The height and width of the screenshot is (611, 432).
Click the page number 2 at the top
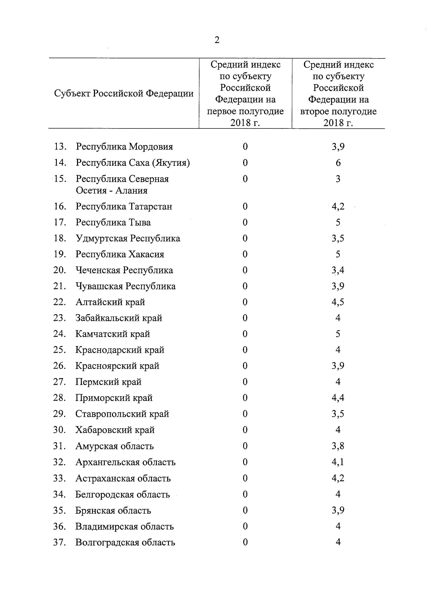(217, 40)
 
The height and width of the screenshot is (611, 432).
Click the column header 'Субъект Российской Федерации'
(124, 93)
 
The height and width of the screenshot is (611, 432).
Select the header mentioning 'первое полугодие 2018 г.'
(245, 93)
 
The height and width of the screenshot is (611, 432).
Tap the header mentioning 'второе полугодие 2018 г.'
(338, 93)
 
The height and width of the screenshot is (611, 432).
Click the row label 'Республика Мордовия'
(124, 147)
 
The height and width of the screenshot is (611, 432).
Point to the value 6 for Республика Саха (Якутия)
(338, 163)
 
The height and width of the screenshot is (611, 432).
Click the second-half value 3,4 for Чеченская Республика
(338, 270)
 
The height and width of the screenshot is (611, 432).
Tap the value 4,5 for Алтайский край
(338, 302)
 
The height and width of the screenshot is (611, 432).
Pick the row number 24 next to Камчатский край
(59, 334)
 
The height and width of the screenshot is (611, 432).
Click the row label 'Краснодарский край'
(120, 350)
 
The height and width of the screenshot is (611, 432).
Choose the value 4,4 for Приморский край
(338, 398)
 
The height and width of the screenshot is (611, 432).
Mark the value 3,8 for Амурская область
(338, 446)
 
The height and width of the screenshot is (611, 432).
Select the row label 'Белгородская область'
(123, 494)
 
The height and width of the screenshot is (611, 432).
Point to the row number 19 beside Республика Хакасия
(60, 254)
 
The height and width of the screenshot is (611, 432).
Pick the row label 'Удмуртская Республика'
(128, 238)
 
